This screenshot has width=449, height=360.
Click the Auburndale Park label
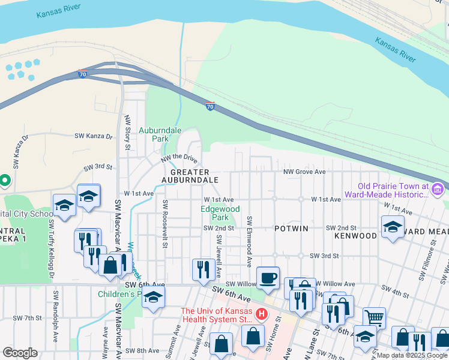[x=153, y=134]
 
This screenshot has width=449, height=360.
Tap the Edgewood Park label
[x=220, y=213]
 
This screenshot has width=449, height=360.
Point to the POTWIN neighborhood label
[x=291, y=229]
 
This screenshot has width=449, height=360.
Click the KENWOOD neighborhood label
[x=357, y=235]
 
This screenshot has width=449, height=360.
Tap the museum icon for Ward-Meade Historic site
[x=437, y=191]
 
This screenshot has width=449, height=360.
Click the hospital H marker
[x=262, y=314]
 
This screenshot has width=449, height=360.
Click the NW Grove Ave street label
[x=304, y=172]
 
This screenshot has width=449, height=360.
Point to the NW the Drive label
[x=179, y=159]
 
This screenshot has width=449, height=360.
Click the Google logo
[x=19, y=353]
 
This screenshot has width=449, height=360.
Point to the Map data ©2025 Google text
[x=412, y=355]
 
